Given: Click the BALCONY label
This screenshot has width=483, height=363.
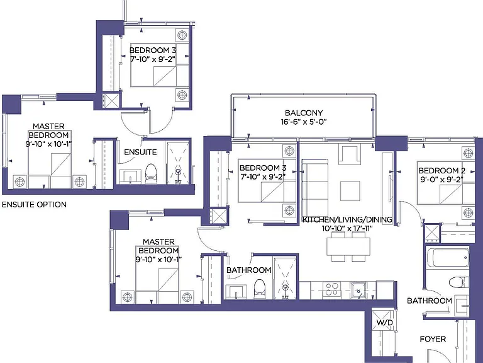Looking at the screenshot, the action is point(303,113).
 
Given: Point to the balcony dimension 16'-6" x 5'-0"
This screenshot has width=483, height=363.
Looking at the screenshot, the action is point(303,122).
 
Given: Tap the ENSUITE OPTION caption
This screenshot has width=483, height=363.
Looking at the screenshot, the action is point(34,205).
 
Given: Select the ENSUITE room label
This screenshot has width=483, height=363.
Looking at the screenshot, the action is point(140,152).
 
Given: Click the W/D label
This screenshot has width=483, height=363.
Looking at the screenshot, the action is point(385,323).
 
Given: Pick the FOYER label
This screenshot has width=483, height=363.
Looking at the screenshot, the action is point(433,339).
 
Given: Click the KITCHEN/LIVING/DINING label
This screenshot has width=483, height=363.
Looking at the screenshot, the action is point(347,219).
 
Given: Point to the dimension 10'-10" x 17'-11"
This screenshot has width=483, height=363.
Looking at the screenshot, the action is point(347,228).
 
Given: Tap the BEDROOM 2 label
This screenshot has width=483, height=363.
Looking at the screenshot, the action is point(441,170).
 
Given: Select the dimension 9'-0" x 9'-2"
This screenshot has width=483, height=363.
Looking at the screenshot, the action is point(441,180).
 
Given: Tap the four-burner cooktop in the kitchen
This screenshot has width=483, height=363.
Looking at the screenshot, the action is point(331,289).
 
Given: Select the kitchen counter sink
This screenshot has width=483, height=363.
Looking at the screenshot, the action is point(358,290).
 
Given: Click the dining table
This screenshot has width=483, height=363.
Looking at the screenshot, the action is point(348,246).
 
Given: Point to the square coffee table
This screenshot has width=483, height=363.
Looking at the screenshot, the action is point(350,191).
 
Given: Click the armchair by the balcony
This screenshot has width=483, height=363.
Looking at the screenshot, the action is point(349,154).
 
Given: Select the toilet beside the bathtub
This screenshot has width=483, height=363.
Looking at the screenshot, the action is point(458,282).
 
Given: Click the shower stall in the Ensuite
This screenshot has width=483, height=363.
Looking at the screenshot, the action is point(178,163).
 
